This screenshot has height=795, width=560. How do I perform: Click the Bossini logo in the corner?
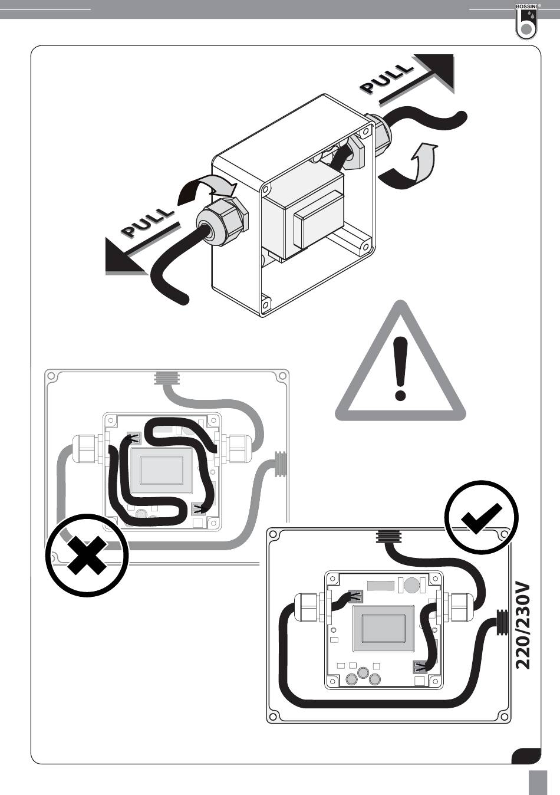(x=525, y=21)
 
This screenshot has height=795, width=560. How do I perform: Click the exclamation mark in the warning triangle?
(x=401, y=368)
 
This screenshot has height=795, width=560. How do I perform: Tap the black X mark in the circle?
(x=87, y=556)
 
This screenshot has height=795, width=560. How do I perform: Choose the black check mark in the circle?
(x=482, y=517)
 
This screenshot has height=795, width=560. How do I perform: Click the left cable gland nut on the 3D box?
(x=226, y=221)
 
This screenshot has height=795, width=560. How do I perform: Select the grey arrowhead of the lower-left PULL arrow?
(x=123, y=258)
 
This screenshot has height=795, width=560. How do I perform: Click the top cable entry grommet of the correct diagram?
(x=388, y=536)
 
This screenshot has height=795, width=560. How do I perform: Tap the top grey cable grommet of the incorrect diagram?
(x=167, y=377)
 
